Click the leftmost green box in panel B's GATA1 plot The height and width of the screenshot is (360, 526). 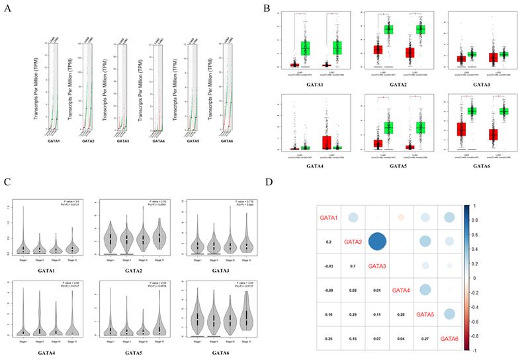[x=305, y=48]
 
